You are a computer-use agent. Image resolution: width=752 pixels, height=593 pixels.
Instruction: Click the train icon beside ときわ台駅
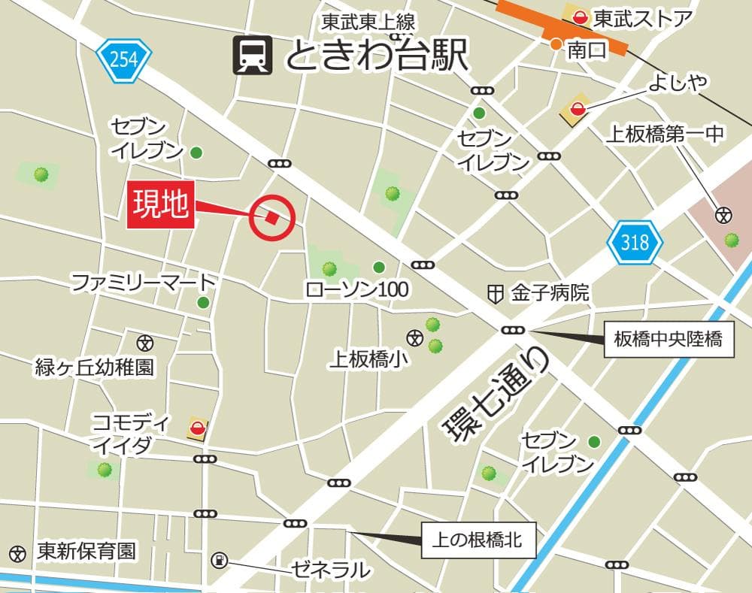coord(252,56)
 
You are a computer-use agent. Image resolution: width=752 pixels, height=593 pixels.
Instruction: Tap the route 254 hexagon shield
coord(124,59)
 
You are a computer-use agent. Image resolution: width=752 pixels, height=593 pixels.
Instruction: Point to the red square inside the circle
coord(271,217)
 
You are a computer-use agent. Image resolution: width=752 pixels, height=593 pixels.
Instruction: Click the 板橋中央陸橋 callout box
coord(668,340)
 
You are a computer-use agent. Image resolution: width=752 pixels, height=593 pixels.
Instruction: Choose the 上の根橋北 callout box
coord(478,540)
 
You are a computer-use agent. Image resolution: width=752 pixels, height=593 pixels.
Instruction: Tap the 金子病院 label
coord(549,292)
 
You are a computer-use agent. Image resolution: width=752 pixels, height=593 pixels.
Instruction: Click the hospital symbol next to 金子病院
coord(495,293)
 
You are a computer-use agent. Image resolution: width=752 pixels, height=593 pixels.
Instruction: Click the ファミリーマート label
coord(143,283)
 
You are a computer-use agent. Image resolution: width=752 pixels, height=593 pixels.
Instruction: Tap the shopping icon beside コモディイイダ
coord(198,428)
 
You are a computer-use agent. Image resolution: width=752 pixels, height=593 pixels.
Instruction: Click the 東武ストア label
coord(641,19)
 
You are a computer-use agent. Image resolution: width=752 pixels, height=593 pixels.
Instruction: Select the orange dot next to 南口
coord(555,44)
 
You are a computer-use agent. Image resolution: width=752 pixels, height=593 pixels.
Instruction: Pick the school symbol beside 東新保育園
coord(17,552)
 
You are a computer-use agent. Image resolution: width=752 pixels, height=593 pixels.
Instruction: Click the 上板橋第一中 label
coord(666,135)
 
